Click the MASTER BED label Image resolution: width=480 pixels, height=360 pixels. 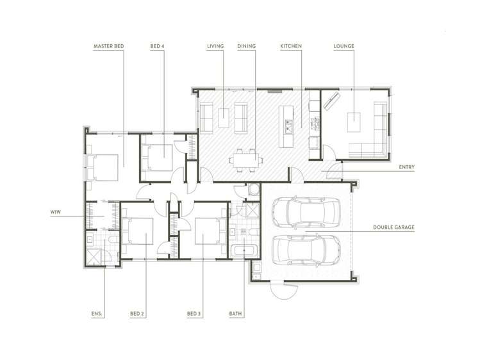click(108, 47)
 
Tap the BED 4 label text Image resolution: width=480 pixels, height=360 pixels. click(157, 47)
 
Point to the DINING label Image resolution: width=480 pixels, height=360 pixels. click(246, 47)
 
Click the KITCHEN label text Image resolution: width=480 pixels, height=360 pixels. click(291, 47)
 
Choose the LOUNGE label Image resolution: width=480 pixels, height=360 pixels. click(344, 47)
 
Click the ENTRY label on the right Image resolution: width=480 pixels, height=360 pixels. click(406, 168)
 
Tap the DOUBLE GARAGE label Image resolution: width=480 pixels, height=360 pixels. click(393, 227)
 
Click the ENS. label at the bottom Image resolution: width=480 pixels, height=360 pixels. click(97, 314)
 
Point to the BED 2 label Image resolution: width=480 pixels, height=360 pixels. click(137, 314)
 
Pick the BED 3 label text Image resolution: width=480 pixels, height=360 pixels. click(194, 314)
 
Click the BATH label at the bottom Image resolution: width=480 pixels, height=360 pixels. click(235, 314)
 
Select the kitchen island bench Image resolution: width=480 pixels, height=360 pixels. click(287, 124)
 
